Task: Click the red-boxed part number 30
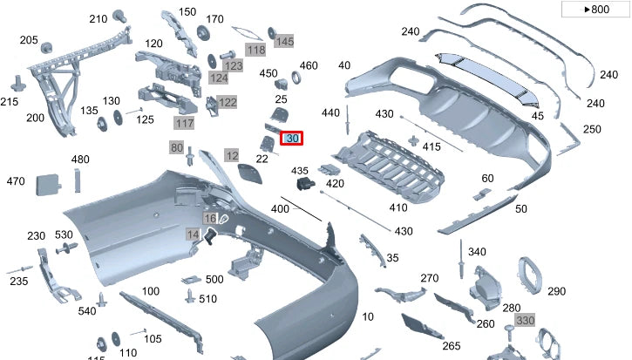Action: click(x=292, y=139)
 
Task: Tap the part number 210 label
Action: click(x=98, y=19)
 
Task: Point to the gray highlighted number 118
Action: click(x=255, y=51)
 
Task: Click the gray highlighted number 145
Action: click(x=284, y=41)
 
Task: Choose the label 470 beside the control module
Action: click(x=16, y=181)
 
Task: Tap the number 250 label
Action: click(x=592, y=129)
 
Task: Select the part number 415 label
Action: click(x=432, y=146)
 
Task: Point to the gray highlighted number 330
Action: click(x=524, y=321)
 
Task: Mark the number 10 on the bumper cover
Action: click(x=368, y=316)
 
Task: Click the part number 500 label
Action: click(x=214, y=279)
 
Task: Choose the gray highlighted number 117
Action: click(x=184, y=124)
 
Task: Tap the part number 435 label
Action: click(x=300, y=170)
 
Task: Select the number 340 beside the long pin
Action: click(x=476, y=252)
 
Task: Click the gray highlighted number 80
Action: click(x=177, y=148)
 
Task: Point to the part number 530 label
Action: click(x=64, y=235)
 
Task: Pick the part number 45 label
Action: click(x=537, y=116)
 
